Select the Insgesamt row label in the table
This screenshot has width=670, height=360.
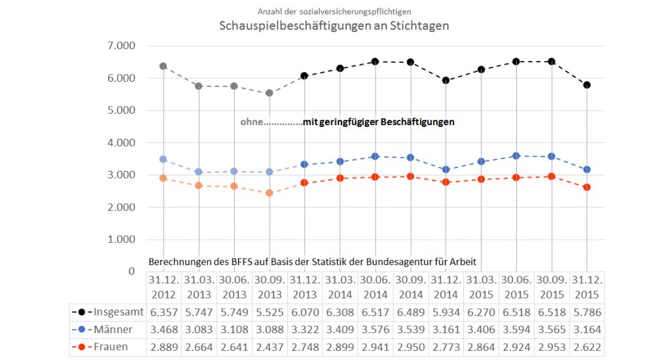(x=116, y=311)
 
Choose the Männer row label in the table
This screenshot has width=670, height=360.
(x=113, y=329)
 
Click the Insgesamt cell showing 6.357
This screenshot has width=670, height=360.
(x=163, y=311)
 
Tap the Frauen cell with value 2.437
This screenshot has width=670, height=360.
(x=269, y=346)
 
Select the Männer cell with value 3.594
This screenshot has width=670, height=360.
(x=516, y=329)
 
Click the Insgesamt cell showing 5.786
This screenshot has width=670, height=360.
(x=587, y=311)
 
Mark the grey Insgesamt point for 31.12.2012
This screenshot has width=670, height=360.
(x=163, y=66)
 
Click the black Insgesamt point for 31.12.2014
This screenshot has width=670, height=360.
(x=446, y=81)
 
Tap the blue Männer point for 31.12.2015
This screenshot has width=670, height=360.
(x=587, y=170)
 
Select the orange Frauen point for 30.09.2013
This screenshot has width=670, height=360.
(x=269, y=193)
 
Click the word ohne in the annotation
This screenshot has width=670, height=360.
(x=252, y=122)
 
